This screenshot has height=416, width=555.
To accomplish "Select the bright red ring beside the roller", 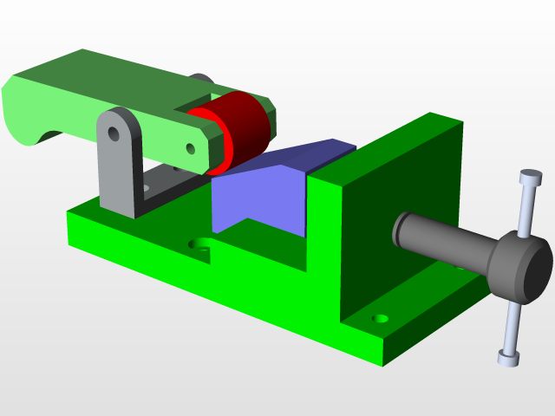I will pyautogui.click(x=217, y=139).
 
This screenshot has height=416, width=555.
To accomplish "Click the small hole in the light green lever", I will pyautogui.click(x=190, y=148).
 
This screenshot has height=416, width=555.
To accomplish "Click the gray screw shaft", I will pyautogui.click(x=442, y=243).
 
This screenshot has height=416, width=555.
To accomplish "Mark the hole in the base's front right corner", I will pyautogui.click(x=379, y=318).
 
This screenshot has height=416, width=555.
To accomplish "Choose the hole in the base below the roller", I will pyautogui.click(x=201, y=244).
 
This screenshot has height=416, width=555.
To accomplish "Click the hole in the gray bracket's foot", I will pyautogui.click(x=153, y=184).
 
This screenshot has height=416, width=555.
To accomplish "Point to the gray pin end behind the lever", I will pyautogui.click(x=201, y=80).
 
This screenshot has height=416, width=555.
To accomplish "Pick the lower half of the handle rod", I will pyautogui.click(x=512, y=325).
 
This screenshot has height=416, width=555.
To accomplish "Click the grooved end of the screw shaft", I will pyautogui.click(x=401, y=228).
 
